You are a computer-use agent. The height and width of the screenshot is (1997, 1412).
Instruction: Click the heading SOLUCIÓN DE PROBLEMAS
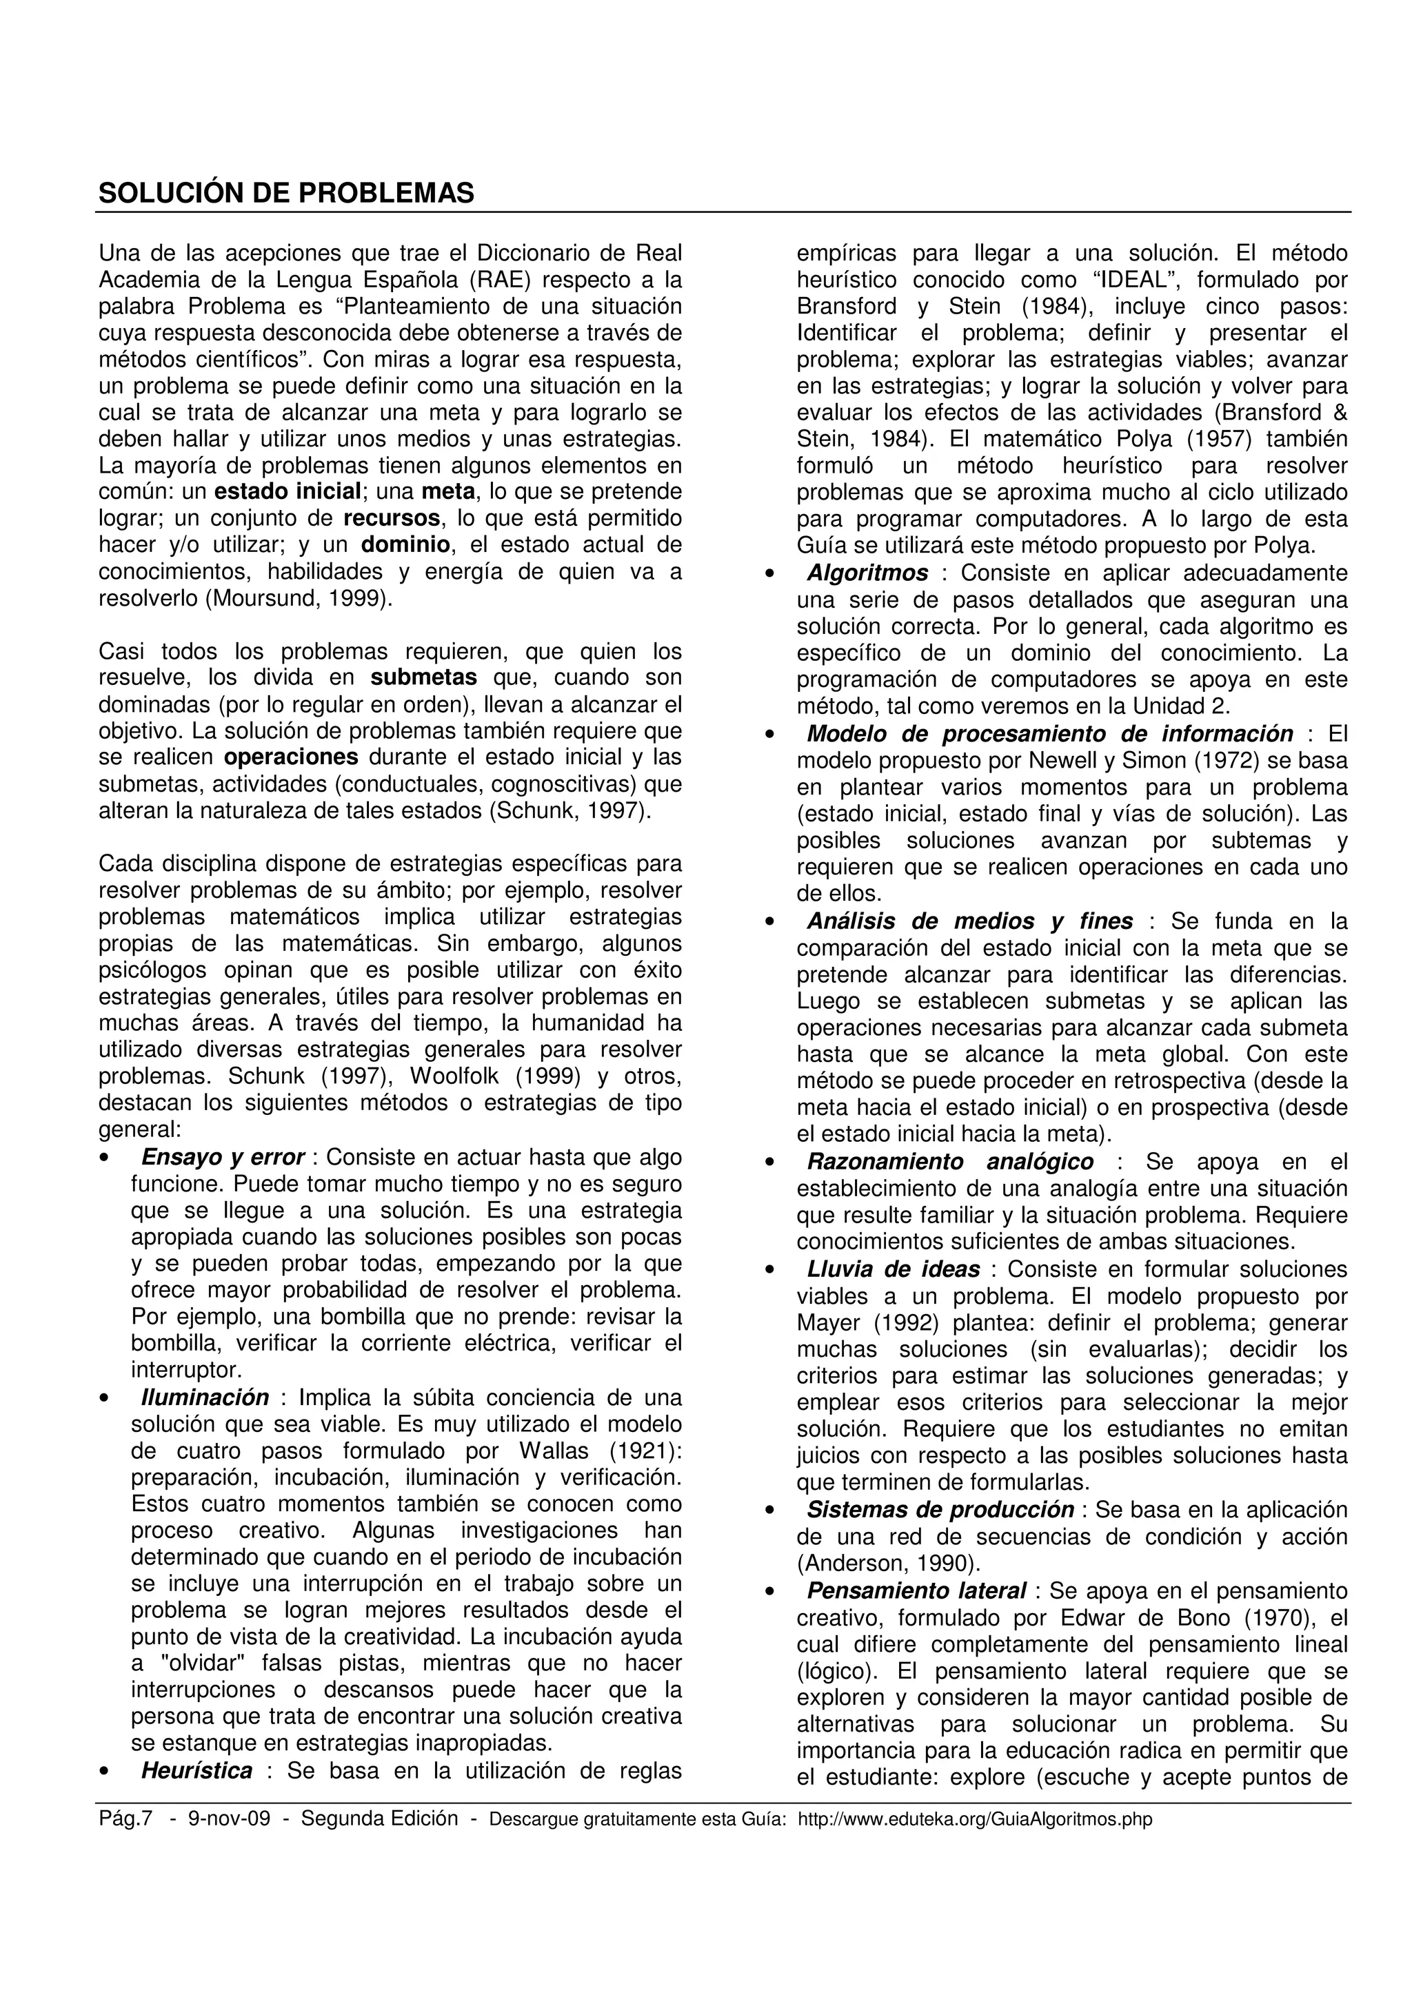[x=286, y=193]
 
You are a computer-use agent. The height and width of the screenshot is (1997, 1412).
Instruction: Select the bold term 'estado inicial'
[x=287, y=492]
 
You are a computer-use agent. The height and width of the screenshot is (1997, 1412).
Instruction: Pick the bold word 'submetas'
[x=424, y=677]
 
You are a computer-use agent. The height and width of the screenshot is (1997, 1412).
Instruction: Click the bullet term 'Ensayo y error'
[x=223, y=1158]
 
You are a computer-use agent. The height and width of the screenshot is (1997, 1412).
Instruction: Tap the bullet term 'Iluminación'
[x=205, y=1397]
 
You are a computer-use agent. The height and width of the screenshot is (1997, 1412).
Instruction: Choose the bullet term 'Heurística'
[x=196, y=1771]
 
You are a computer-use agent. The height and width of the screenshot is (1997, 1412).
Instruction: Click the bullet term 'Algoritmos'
[x=867, y=573]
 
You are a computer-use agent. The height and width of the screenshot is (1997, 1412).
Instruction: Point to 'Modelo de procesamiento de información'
[x=1049, y=734]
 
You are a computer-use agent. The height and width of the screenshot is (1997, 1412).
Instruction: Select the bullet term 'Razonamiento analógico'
[x=950, y=1162]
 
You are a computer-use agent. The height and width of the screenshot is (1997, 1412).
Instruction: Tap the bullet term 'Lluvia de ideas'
[x=893, y=1269]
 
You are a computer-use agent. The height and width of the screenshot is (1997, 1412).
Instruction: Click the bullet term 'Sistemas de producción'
[x=940, y=1510]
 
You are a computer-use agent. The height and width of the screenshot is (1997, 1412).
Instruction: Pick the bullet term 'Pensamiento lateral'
[x=916, y=1591]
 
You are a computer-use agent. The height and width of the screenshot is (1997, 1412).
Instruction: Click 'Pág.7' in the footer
[x=125, y=1819]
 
